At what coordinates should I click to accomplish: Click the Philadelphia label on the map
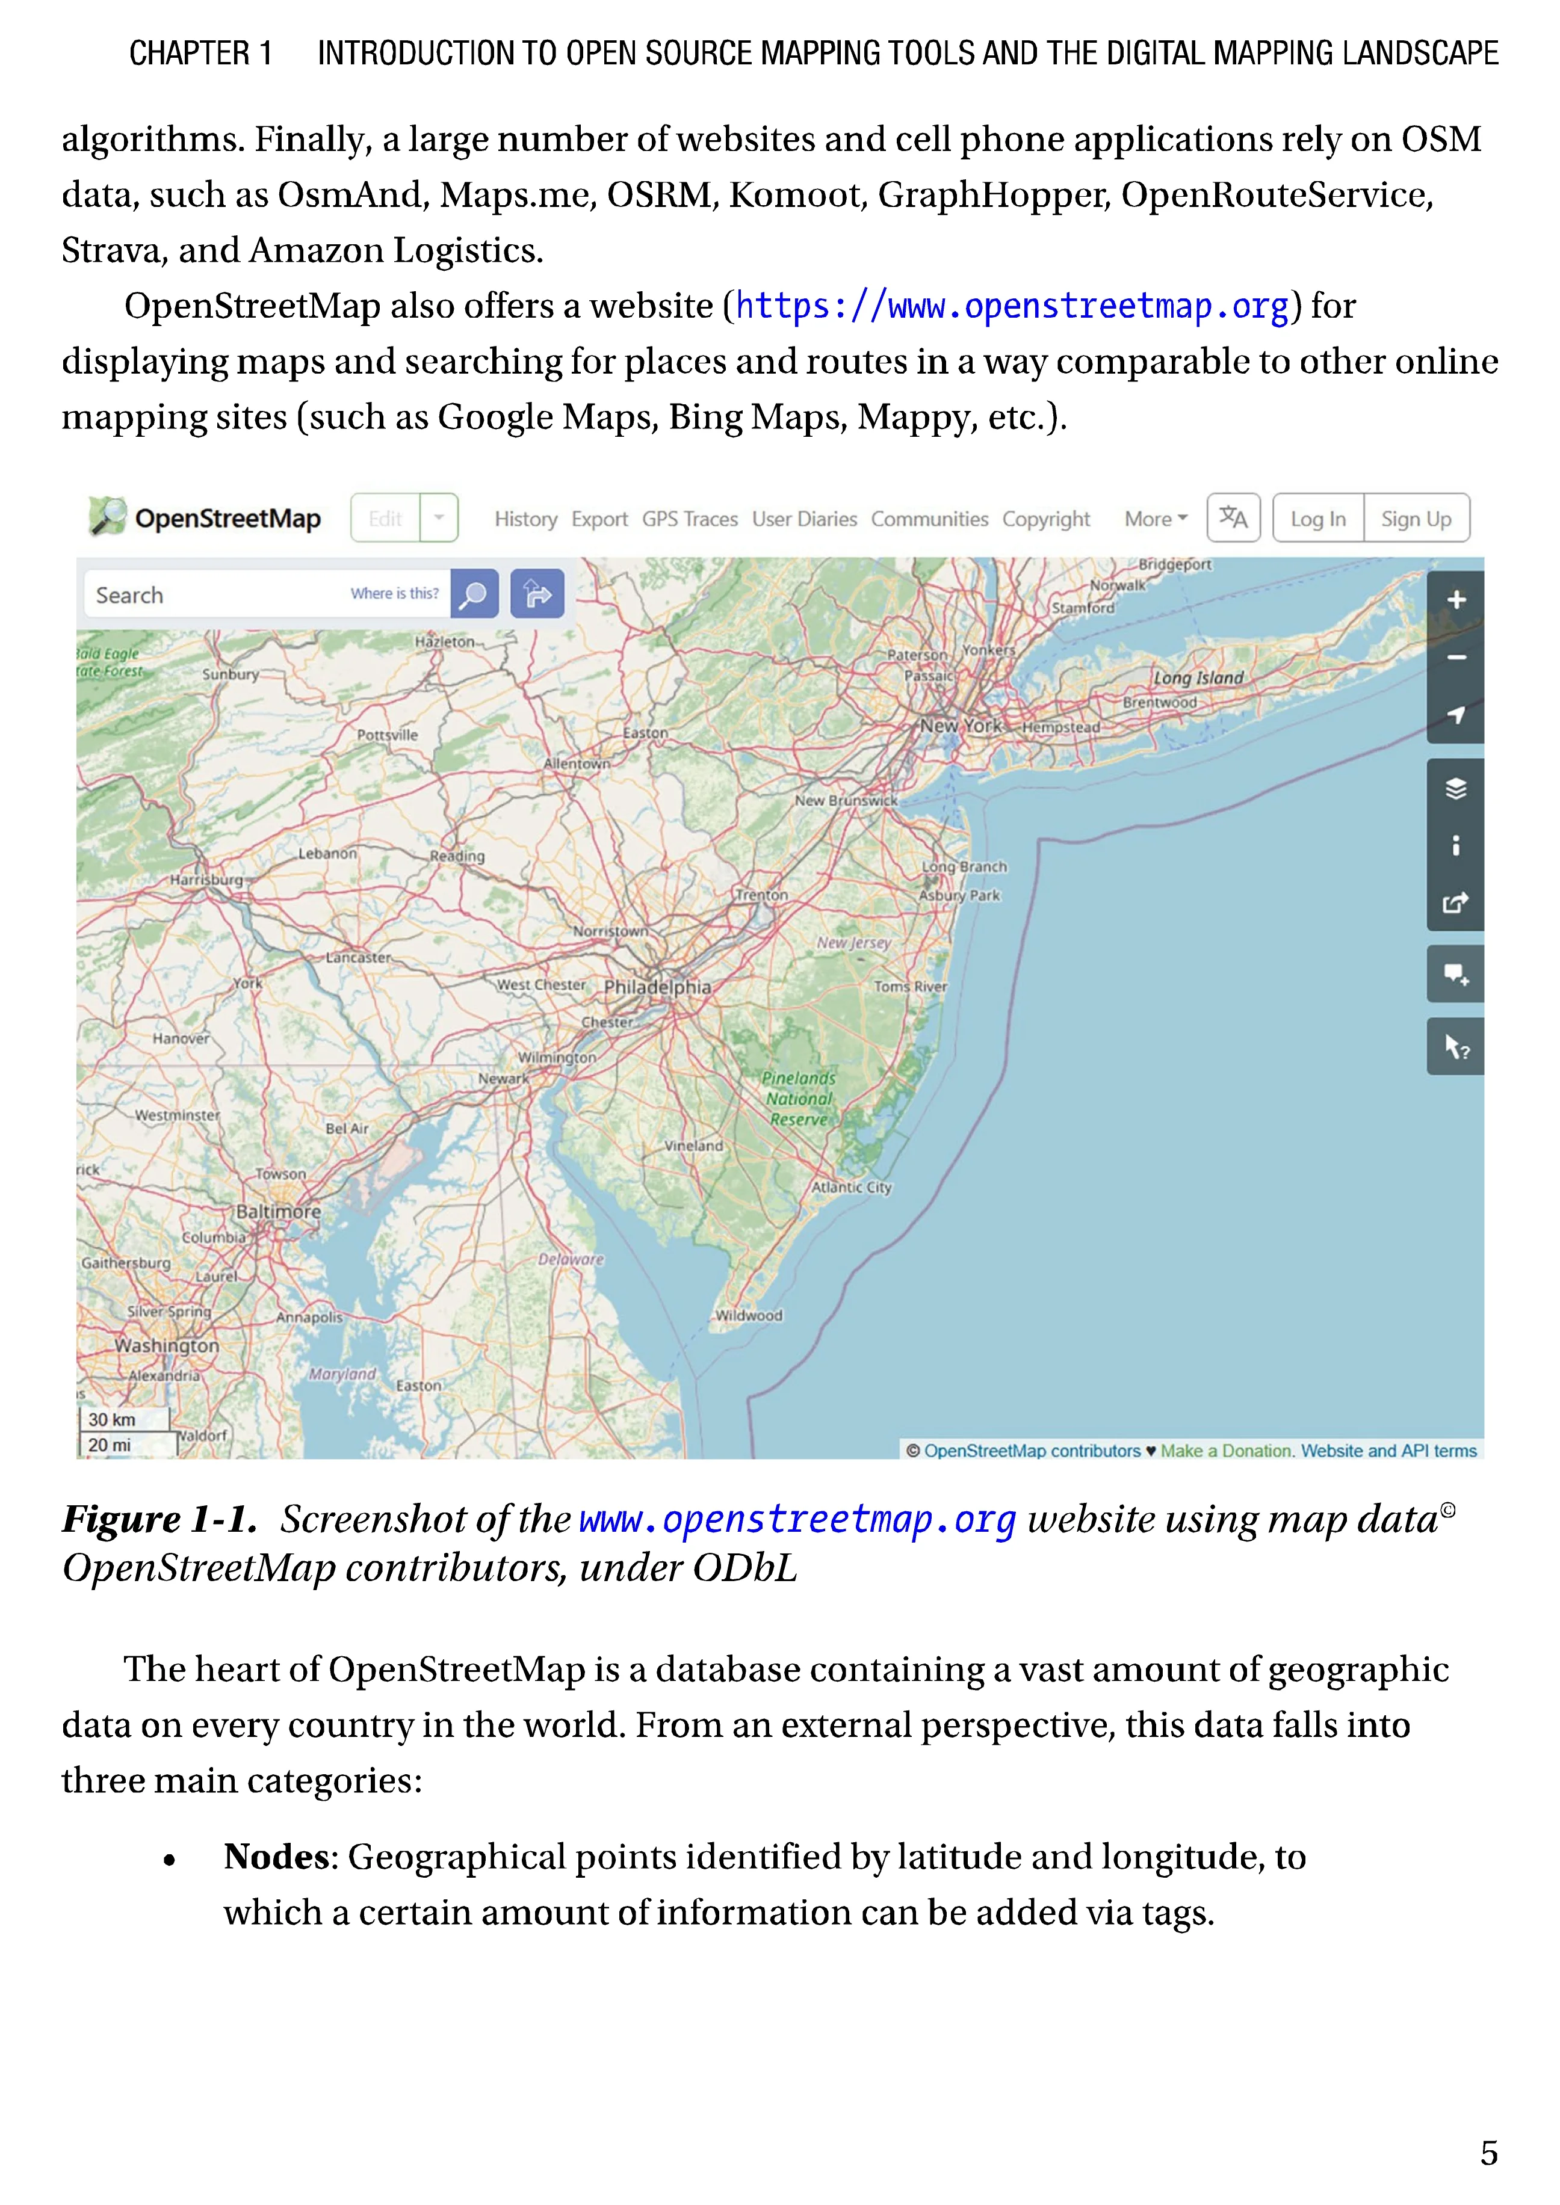click(x=657, y=987)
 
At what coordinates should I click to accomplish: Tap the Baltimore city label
click(x=279, y=1212)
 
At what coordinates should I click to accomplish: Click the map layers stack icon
click(x=1456, y=789)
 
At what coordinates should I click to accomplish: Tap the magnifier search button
click(x=474, y=594)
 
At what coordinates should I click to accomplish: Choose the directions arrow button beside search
click(x=537, y=594)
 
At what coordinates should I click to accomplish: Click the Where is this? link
click(x=394, y=593)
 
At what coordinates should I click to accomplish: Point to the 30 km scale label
click(x=113, y=1419)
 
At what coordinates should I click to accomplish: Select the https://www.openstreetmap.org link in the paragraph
click(x=1012, y=306)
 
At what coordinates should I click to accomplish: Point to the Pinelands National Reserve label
click(x=799, y=1099)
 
